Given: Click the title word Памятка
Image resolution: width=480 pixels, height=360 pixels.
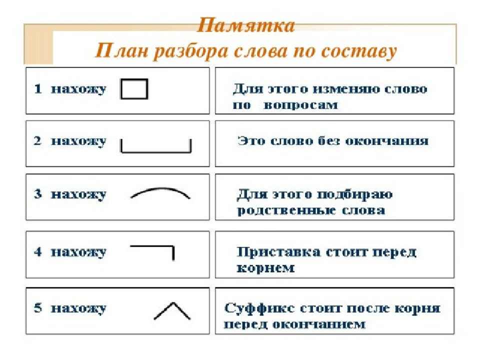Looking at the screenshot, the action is (x=246, y=25).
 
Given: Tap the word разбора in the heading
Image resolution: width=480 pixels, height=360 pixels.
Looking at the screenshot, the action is (x=190, y=51).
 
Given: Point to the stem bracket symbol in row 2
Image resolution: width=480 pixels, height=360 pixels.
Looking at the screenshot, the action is (x=156, y=151).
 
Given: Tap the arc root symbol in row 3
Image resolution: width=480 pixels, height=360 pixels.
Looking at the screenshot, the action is (x=160, y=188).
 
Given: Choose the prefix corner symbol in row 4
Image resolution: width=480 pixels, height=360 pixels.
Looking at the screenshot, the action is (x=165, y=246).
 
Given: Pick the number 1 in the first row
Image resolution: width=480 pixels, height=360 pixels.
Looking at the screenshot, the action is (x=38, y=89).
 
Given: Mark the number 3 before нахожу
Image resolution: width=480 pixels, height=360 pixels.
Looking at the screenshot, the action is (x=38, y=194).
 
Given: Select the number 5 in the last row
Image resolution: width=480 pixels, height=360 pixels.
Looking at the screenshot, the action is (x=38, y=307).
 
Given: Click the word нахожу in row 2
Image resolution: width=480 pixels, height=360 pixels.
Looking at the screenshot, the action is (x=78, y=142).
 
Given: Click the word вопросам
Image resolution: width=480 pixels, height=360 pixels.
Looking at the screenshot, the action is (x=300, y=105).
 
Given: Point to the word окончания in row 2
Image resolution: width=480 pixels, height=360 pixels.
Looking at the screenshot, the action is (x=387, y=141).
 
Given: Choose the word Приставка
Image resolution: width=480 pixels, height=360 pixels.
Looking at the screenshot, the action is (x=279, y=252).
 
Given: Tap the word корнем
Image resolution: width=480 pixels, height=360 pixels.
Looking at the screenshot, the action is (x=265, y=268).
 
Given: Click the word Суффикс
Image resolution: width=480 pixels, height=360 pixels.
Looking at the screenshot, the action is (x=259, y=308).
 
